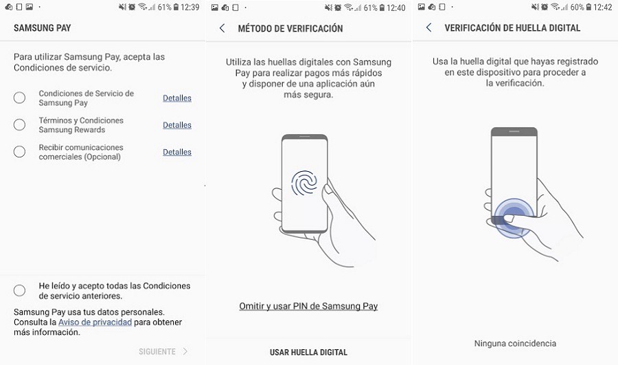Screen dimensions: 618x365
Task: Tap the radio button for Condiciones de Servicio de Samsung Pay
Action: [x=19, y=98]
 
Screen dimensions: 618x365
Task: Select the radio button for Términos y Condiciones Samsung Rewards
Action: [x=19, y=124]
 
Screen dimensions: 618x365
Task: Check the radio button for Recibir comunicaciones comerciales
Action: [x=19, y=151]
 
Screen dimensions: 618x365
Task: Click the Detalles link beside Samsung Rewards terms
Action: [x=177, y=125]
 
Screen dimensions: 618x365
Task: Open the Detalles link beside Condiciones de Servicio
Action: [x=177, y=98]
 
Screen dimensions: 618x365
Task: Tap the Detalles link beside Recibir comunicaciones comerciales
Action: [x=177, y=152]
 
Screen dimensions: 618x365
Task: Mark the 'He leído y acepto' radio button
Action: [x=19, y=291]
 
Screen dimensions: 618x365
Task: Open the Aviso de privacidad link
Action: [x=95, y=322]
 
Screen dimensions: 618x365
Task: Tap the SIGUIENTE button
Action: [x=163, y=351]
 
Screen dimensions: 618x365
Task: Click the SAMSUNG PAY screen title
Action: [x=42, y=28]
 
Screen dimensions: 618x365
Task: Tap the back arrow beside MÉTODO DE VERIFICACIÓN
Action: [x=222, y=28]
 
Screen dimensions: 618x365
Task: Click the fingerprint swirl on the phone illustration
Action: [x=304, y=183]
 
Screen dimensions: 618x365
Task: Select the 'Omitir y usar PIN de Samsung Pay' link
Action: [x=308, y=306]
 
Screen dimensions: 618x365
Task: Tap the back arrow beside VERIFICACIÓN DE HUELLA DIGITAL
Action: [x=428, y=27]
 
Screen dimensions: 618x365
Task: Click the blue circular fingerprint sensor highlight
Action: [x=514, y=218]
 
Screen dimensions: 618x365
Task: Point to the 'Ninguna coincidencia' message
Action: [x=515, y=343]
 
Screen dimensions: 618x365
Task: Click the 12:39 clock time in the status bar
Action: [x=190, y=7]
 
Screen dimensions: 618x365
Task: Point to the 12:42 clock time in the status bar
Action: [x=603, y=7]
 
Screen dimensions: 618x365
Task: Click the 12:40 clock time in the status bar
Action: [x=396, y=8]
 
